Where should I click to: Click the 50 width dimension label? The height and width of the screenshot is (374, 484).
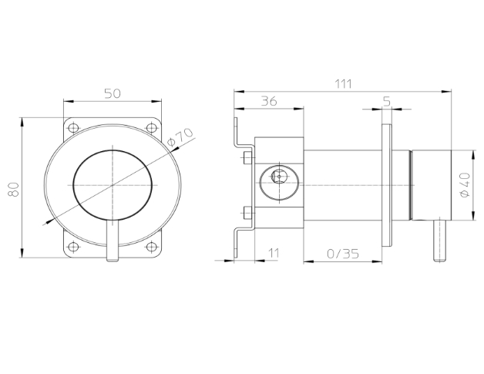[113, 93]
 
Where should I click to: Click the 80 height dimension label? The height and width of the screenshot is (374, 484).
[14, 189]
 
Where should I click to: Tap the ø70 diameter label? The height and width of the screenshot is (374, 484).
[180, 136]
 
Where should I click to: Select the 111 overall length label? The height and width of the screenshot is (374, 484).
[344, 84]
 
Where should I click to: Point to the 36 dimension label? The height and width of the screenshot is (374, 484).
[269, 101]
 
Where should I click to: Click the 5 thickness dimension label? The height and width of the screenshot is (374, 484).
[387, 101]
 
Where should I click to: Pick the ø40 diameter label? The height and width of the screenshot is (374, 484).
[465, 185]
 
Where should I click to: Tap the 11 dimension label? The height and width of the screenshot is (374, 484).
[274, 253]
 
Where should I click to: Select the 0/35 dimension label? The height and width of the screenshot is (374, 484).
[343, 254]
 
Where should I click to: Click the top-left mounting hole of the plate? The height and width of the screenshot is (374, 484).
[73, 127]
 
